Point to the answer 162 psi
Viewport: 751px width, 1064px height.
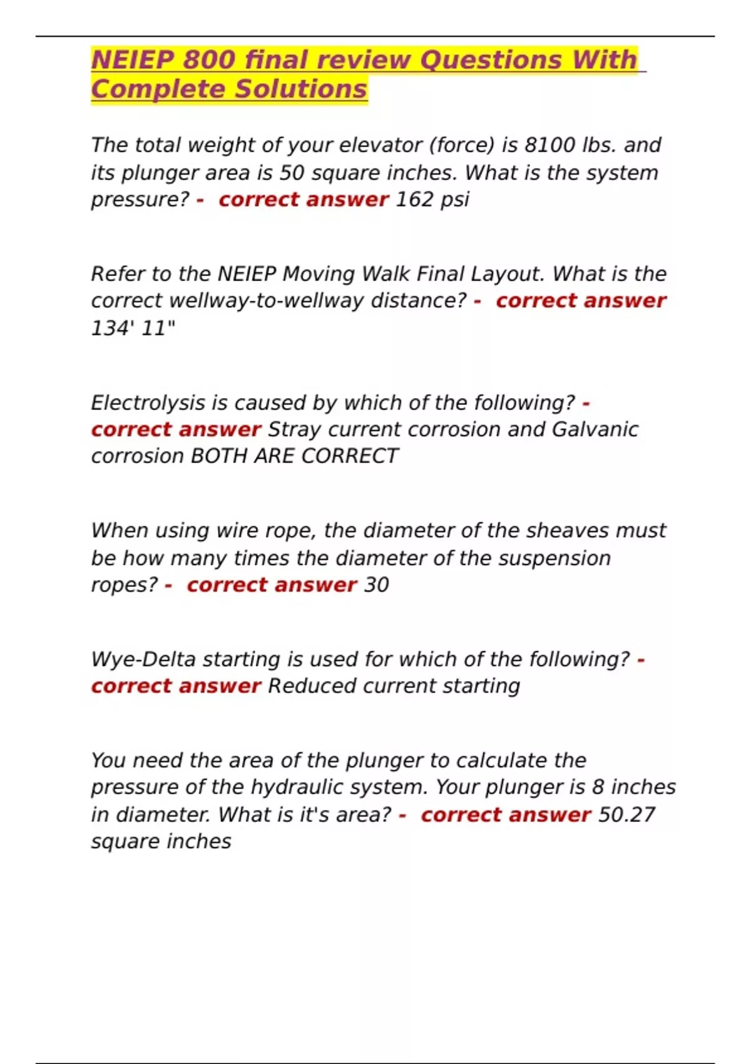432,200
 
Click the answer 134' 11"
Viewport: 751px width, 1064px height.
133,328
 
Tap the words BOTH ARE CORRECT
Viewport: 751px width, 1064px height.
294,456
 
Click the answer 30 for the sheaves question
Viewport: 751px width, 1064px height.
376,585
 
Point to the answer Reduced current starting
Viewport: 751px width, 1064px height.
394,687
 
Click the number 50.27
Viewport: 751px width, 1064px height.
626,815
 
